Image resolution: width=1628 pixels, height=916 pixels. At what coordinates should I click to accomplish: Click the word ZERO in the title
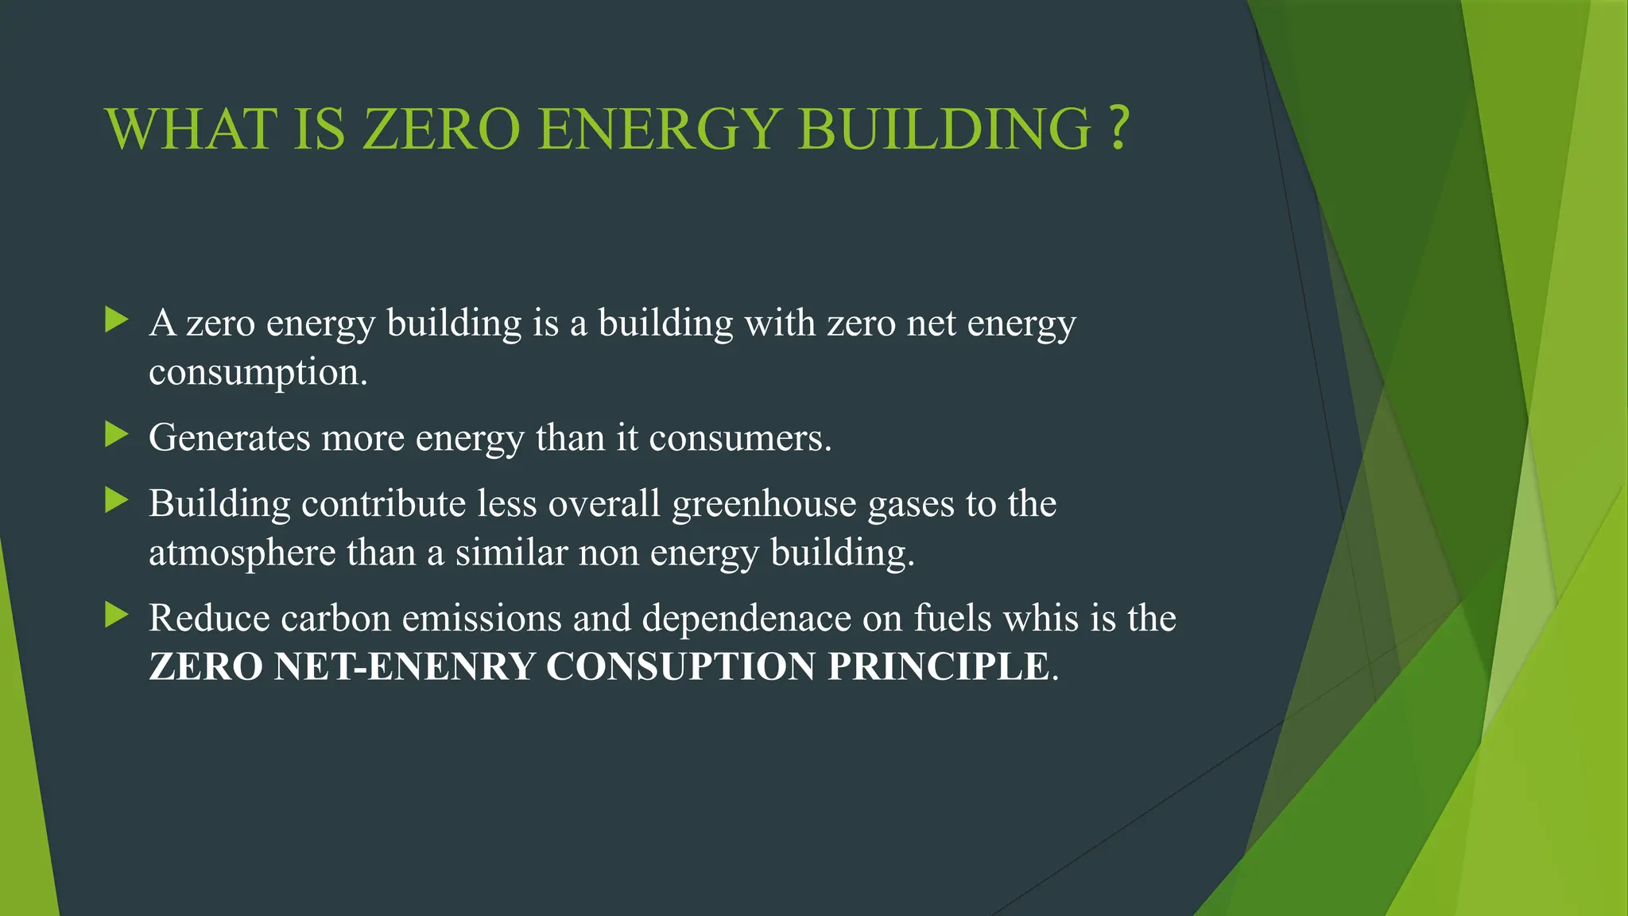tap(441, 129)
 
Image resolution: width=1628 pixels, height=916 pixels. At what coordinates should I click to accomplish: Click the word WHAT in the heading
tap(191, 129)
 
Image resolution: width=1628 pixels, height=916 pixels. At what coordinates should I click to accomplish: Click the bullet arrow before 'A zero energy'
tap(117, 320)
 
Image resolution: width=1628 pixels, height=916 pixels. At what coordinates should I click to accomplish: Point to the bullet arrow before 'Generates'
tap(117, 435)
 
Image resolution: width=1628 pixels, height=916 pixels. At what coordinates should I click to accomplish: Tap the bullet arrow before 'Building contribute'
tap(117, 501)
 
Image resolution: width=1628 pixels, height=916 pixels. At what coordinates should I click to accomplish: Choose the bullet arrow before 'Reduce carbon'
tap(117, 615)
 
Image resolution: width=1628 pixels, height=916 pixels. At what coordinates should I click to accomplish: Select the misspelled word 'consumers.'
tap(740, 438)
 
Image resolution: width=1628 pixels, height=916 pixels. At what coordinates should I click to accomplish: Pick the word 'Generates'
tap(229, 438)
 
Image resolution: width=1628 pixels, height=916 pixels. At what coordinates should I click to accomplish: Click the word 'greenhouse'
tap(764, 504)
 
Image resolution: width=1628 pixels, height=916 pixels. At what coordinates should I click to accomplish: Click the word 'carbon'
tap(335, 619)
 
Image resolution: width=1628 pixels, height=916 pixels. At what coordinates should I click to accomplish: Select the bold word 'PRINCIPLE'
tap(938, 666)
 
